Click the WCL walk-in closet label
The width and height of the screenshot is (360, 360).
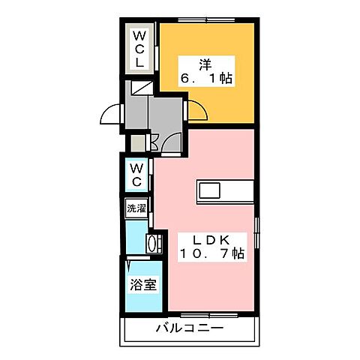(139, 48)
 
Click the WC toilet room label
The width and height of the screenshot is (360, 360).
(138, 175)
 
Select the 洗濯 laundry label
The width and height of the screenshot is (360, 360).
(136, 208)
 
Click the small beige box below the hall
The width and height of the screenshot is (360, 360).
(137, 142)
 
